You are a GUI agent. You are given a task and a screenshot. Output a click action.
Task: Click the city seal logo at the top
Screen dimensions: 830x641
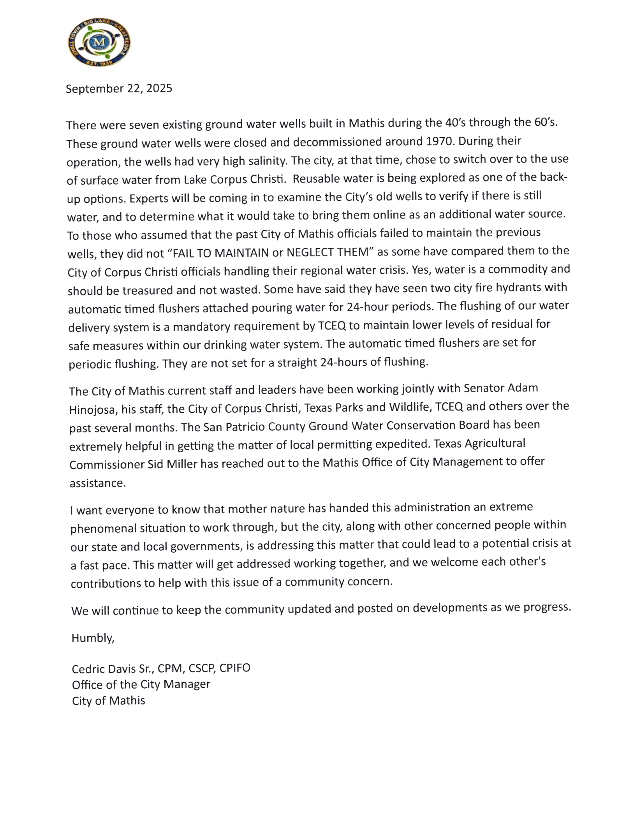tap(99, 42)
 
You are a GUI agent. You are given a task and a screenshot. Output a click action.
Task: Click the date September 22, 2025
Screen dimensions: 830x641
tap(119, 88)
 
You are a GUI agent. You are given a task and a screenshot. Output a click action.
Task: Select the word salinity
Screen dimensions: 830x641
tap(255, 160)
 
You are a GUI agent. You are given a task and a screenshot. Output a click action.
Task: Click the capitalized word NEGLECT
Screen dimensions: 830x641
tap(310, 252)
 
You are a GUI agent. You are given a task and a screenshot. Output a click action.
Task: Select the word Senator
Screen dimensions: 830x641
tap(484, 388)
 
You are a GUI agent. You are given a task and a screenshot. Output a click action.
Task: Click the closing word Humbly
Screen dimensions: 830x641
tap(93, 638)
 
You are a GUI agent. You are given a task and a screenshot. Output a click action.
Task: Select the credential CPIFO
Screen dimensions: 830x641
tap(234, 668)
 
